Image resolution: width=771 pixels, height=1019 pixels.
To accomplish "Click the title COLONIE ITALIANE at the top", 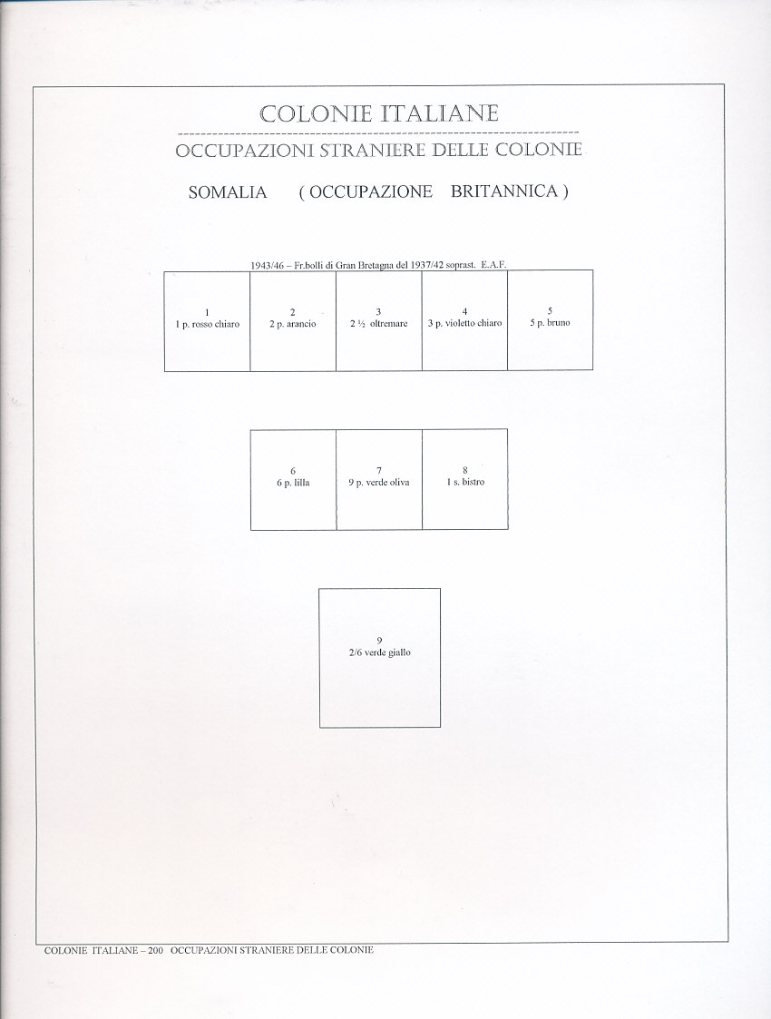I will pyautogui.click(x=378, y=114).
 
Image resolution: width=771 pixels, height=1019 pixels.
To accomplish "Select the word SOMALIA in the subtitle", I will pyautogui.click(x=228, y=193).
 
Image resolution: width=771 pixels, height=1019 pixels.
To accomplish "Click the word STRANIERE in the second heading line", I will pyautogui.click(x=373, y=151).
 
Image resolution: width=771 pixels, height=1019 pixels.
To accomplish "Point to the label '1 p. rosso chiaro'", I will pyautogui.click(x=208, y=324).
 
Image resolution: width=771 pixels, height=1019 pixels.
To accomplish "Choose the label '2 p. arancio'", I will pyautogui.click(x=292, y=324).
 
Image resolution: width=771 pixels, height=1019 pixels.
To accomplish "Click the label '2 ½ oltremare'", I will pyautogui.click(x=378, y=324).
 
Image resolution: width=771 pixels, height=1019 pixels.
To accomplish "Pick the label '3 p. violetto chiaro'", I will pyautogui.click(x=464, y=324).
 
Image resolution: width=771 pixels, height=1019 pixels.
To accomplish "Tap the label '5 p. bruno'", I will pyautogui.click(x=550, y=323).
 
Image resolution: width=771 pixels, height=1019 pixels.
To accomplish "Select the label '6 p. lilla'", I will pyautogui.click(x=293, y=483).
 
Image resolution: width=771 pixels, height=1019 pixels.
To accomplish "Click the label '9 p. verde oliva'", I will pyautogui.click(x=378, y=483).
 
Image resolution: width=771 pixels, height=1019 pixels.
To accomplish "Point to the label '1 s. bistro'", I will pyautogui.click(x=465, y=483).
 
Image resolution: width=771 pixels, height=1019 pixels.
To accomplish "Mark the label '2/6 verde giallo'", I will pyautogui.click(x=379, y=652).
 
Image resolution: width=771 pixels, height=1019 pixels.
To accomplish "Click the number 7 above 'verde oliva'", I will pyautogui.click(x=378, y=470).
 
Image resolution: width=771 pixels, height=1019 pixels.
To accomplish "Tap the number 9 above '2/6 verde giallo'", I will pyautogui.click(x=379, y=641).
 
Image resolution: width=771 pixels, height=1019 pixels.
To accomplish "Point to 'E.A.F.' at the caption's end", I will pyautogui.click(x=493, y=264).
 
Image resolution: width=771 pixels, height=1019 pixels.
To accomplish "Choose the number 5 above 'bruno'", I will pyautogui.click(x=550, y=310).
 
